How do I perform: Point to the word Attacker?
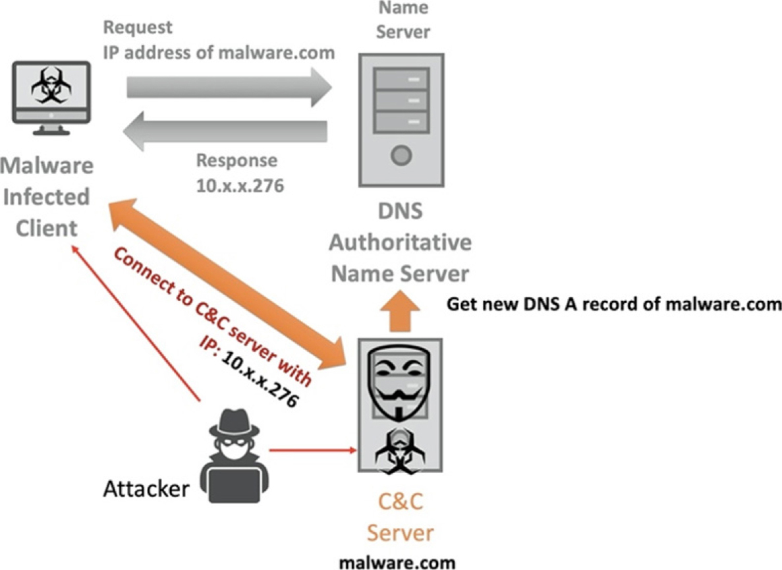[x=146, y=488]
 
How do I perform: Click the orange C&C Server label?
[x=400, y=517]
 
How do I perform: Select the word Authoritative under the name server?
[x=400, y=242]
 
